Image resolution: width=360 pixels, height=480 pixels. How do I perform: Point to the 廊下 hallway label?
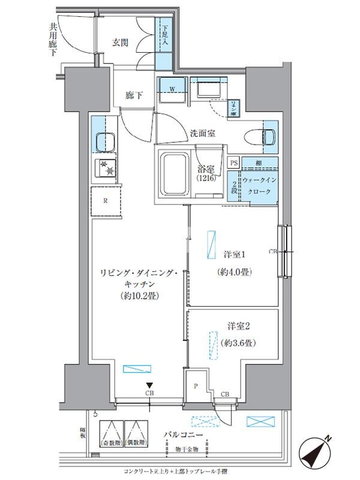point(134,95)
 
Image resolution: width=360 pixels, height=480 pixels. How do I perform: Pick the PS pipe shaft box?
point(234,162)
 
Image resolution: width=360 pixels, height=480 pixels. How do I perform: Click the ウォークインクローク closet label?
point(260,185)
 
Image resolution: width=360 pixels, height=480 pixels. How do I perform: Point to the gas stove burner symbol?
point(107,169)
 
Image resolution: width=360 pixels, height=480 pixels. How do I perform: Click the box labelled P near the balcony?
point(196,386)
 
